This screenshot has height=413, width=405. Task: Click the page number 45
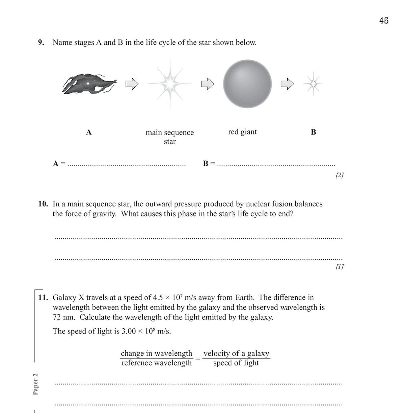384,21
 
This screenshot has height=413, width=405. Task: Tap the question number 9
41,42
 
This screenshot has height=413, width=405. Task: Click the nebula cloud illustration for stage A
88,84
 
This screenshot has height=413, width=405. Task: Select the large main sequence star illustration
170,84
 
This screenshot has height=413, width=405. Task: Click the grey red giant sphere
247,84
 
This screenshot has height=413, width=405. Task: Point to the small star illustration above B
313,84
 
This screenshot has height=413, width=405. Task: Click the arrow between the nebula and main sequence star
132,84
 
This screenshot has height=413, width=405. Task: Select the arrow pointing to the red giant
208,84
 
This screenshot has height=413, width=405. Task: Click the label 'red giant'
242,132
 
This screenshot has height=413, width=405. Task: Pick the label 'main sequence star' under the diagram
170,137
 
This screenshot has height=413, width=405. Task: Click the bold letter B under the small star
313,132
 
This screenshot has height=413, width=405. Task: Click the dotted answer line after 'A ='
127,165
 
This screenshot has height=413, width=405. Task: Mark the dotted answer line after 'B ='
276,165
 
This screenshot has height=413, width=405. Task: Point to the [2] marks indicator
339,175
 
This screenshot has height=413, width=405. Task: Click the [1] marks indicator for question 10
339,267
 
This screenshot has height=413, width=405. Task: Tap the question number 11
43,297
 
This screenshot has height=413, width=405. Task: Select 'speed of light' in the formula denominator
236,363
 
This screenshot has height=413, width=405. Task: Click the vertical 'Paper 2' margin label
35,384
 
